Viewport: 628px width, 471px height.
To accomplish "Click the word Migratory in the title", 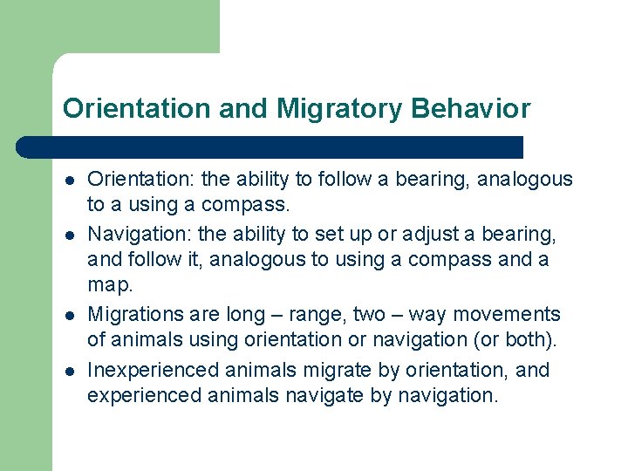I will (338, 109).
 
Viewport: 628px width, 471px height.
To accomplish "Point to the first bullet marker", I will (68, 181).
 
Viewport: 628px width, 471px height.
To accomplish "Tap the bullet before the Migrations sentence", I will (68, 316).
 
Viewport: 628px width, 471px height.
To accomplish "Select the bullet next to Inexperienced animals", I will (68, 372).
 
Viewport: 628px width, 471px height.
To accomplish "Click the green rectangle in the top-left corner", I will (109, 26).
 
